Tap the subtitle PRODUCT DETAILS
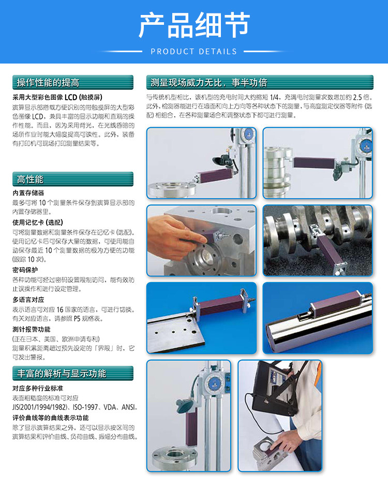(194, 52)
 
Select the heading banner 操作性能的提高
(48, 83)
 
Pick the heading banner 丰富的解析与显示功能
(62, 373)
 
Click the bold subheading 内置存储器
(28, 193)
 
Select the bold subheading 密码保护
(25, 270)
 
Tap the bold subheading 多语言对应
(28, 299)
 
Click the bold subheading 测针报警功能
(32, 329)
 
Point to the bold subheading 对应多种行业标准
(38, 388)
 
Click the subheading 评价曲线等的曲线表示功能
(51, 417)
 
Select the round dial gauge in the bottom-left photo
(214, 381)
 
